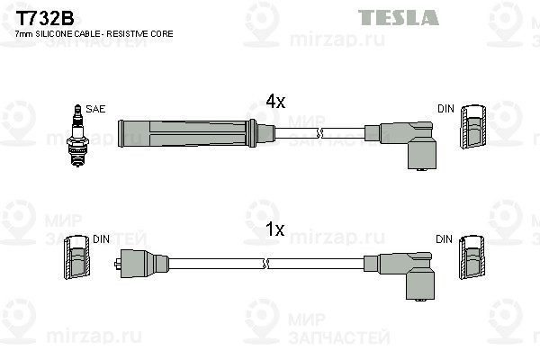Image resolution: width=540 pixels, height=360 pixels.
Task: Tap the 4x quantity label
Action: pyautogui.click(x=274, y=102)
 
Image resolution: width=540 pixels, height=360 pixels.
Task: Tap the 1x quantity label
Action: pyautogui.click(x=274, y=230)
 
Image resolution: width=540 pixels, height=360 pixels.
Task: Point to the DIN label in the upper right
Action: pyautogui.click(x=445, y=109)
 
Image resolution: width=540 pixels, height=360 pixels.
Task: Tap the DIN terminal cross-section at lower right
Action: pyautogui.click(x=472, y=261)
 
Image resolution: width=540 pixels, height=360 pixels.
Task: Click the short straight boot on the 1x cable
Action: pyautogui.click(x=144, y=264)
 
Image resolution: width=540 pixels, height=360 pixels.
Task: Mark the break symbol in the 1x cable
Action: pyautogui.click(x=265, y=264)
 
